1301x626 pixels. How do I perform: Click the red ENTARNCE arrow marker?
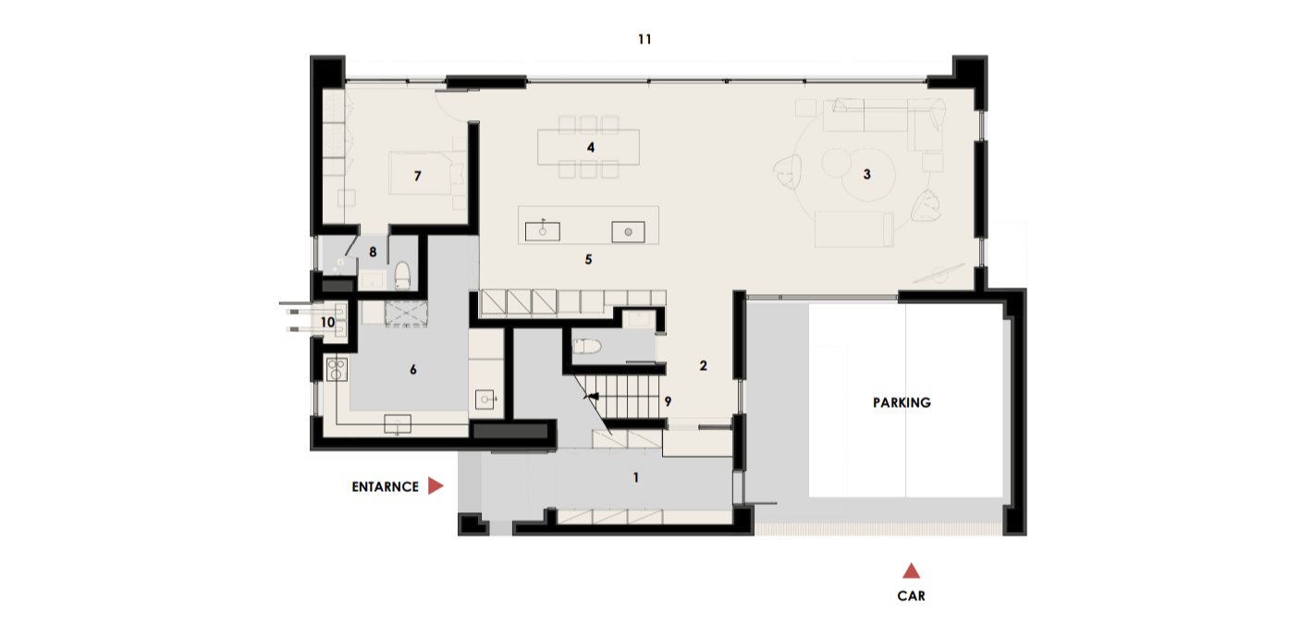point(435,485)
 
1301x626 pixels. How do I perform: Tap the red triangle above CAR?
point(911,571)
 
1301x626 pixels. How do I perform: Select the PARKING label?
point(902,402)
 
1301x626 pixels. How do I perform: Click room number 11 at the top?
point(644,40)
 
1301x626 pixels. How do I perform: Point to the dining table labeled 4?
point(588,147)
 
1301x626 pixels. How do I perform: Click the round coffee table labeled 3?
point(869,174)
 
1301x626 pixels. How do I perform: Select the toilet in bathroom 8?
point(402,275)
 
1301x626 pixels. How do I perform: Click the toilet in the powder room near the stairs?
point(586,347)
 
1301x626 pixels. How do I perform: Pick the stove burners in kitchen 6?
point(337,369)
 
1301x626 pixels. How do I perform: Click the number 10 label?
point(327,323)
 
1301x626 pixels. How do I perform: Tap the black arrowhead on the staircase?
point(592,397)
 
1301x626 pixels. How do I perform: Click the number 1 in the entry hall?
point(636,477)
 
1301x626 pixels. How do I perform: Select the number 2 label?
point(704,366)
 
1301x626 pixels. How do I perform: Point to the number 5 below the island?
point(588,260)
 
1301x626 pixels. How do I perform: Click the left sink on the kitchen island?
point(543,231)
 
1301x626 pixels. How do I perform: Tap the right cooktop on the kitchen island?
point(628,232)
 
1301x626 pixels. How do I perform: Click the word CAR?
point(911,595)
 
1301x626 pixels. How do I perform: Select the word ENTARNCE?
point(385,486)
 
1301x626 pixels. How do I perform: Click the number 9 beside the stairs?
point(668,401)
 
